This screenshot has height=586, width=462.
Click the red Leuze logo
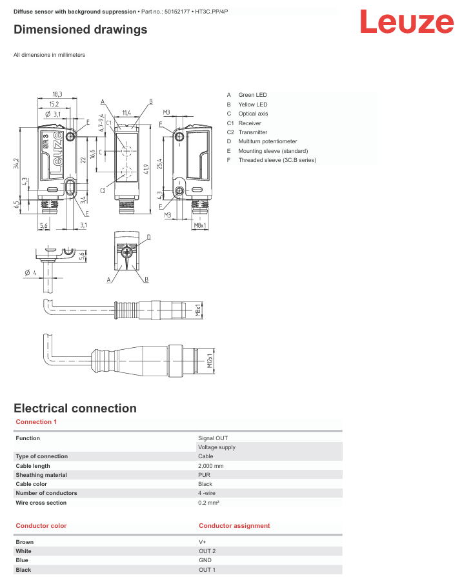[x=407, y=21]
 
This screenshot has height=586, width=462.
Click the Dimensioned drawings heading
[x=81, y=30]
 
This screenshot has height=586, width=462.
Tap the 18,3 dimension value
[x=57, y=95]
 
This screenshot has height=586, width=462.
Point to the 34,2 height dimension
[x=16, y=163]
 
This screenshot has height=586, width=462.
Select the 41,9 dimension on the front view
[x=146, y=169]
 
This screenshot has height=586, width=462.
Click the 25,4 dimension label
[x=159, y=164]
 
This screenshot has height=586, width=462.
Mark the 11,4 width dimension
[x=126, y=112]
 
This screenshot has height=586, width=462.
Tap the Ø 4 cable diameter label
[x=30, y=273]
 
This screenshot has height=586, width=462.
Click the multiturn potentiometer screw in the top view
[x=127, y=252]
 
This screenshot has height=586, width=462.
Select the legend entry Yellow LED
[x=253, y=105]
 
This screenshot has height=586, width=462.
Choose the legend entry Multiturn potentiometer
[x=268, y=141]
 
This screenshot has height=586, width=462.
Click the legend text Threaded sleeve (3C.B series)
[x=277, y=160]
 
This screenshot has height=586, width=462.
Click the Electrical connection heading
[x=75, y=408]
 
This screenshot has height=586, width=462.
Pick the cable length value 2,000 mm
[x=211, y=466]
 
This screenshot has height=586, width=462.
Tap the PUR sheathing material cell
[x=204, y=474]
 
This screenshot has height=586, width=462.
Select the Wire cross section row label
[x=41, y=503]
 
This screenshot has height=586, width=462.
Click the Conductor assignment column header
[x=234, y=525]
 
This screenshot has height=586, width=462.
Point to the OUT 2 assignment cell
[x=207, y=551]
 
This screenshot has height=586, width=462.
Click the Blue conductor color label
[x=22, y=560]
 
